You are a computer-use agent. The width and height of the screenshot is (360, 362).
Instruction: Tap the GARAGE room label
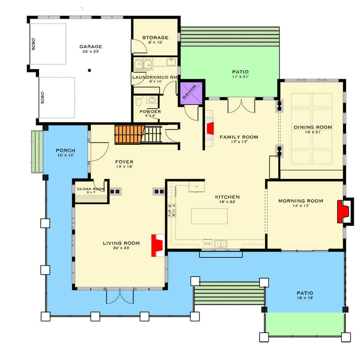[91, 47]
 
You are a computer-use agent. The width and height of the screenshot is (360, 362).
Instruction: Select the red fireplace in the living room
[157, 245]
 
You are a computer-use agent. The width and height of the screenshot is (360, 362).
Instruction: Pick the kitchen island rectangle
[209, 216]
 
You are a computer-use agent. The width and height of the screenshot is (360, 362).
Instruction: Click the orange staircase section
[129, 134]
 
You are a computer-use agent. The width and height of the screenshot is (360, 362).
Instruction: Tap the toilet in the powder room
[138, 102]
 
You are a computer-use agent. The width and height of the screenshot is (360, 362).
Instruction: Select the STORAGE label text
[155, 38]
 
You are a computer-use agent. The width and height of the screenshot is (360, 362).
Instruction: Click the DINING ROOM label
[313, 127]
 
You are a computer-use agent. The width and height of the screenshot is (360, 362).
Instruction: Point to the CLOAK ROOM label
[91, 189]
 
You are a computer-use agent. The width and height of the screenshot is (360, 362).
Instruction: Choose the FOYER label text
[124, 162]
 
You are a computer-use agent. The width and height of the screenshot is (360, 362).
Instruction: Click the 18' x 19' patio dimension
[305, 298]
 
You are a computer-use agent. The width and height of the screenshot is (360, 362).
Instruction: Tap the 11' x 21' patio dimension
[241, 76]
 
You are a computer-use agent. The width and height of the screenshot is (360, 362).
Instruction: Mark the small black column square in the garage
[90, 70]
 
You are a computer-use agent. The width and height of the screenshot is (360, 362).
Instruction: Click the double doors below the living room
[120, 296]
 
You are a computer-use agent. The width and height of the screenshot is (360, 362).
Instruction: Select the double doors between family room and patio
[242, 106]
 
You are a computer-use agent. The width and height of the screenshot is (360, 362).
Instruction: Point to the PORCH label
[66, 151]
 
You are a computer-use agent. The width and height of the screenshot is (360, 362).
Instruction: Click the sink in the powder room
[152, 100]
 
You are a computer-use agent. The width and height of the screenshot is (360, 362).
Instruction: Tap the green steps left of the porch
[38, 152]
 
